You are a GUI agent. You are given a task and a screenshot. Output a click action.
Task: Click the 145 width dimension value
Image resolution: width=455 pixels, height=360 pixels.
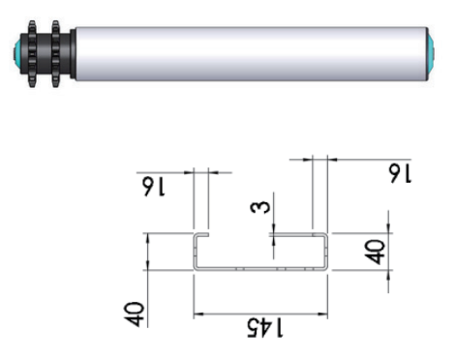pos(265,328)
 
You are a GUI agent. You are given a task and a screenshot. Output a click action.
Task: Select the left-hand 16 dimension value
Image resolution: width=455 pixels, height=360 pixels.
pos(154,187)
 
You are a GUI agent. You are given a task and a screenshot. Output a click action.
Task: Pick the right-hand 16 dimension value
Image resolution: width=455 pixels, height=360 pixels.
pos(400,173)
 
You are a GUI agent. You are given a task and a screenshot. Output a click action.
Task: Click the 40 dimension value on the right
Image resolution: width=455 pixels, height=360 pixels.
pos(375,252)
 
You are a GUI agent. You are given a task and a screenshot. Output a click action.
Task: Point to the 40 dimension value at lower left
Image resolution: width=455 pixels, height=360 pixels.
pos(134,315)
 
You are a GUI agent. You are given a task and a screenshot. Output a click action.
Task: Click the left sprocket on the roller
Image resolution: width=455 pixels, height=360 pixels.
pos(32,54)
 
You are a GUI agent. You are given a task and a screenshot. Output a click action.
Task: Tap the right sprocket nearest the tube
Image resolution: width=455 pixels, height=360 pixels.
pos(56,54)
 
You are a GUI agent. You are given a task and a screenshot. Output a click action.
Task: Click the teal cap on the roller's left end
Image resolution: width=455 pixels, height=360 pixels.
pos(16,53)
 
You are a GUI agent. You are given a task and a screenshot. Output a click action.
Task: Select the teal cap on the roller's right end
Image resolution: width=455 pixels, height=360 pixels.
pos(431,54)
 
